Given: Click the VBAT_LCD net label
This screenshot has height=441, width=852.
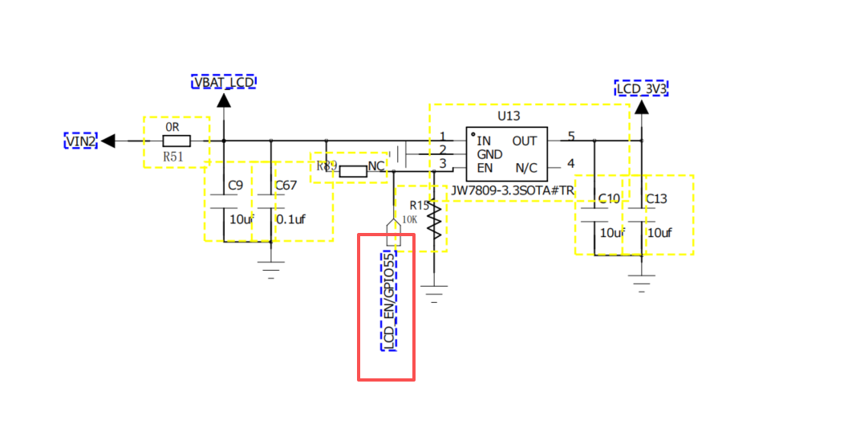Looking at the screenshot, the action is (x=224, y=82).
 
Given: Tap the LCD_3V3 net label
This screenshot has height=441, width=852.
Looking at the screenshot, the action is (x=641, y=88).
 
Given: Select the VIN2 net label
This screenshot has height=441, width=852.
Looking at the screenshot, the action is (x=80, y=141).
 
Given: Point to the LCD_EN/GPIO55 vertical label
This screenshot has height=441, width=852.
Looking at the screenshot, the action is (x=388, y=300).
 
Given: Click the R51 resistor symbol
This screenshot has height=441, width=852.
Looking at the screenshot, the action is (x=176, y=141).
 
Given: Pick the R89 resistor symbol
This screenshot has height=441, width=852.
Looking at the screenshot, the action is (x=353, y=172).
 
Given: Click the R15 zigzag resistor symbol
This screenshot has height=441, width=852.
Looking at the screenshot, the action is (x=433, y=222).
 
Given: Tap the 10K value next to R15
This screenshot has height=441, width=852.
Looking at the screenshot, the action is (x=409, y=219).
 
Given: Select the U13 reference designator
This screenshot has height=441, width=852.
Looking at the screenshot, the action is (x=509, y=116).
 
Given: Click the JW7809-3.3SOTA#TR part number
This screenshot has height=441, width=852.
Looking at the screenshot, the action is (x=512, y=191).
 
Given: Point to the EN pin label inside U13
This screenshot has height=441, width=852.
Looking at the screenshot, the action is (x=484, y=168).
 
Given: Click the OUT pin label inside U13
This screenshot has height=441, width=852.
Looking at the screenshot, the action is (x=525, y=141).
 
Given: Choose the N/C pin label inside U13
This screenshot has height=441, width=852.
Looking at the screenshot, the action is (x=526, y=169).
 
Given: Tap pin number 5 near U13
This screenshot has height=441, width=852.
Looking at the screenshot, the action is (x=571, y=136).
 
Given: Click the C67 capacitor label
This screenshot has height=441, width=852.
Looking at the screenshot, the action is (x=286, y=186).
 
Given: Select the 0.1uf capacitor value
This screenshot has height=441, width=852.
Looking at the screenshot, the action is (x=290, y=219).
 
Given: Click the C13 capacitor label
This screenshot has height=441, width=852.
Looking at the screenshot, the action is (x=656, y=199).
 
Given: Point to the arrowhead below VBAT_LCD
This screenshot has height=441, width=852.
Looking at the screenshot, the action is (x=224, y=100).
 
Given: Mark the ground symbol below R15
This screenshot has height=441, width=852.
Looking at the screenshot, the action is (x=433, y=294).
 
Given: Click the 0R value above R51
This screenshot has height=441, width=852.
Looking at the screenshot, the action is (x=172, y=127).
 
